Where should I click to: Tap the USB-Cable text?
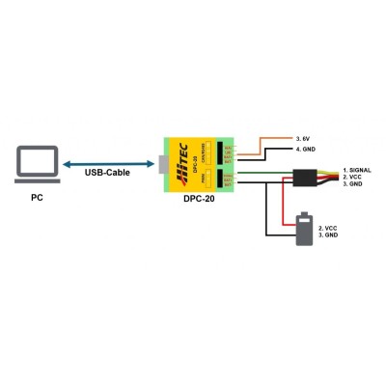pyautogui.click(x=108, y=175)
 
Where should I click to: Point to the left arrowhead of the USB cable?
pyautogui.click(x=66, y=166)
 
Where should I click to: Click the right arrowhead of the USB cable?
pyautogui.click(x=151, y=166)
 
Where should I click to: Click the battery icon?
pyautogui.click(x=305, y=230)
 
